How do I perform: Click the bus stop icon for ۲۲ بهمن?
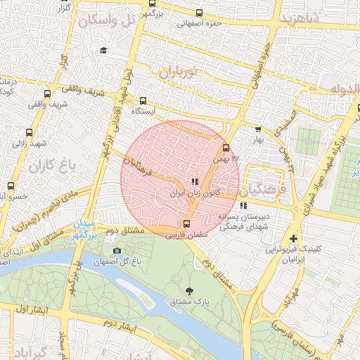(x=225, y=148)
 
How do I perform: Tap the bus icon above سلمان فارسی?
(x=186, y=225)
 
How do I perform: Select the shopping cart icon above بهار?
(x=258, y=129)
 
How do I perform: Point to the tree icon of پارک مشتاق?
(x=189, y=290)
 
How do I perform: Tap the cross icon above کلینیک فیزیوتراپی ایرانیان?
(x=293, y=239)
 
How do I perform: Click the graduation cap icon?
(x=103, y=51)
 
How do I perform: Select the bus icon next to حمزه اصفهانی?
(x=200, y=13)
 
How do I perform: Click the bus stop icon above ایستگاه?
(x=143, y=101)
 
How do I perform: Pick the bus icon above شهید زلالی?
(x=29, y=131)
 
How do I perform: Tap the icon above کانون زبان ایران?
(x=195, y=182)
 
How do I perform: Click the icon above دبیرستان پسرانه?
(x=243, y=206)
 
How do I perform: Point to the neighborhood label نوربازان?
(x=179, y=71)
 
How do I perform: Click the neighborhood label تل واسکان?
(x=107, y=20)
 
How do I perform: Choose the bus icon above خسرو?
(x=11, y=186)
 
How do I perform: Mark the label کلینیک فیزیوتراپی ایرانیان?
(x=293, y=254)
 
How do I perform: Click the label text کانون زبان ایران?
(x=195, y=192)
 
